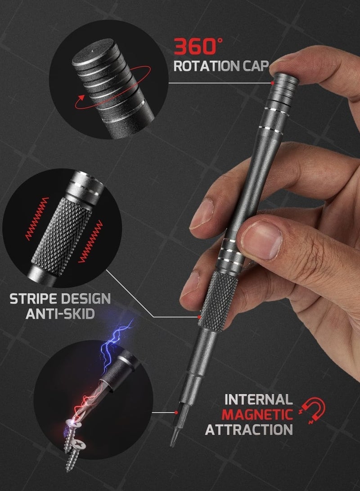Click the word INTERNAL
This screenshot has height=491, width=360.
click(258, 399)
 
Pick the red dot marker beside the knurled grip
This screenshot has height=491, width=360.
click(199, 316)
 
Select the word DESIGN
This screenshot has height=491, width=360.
click(86, 298)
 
